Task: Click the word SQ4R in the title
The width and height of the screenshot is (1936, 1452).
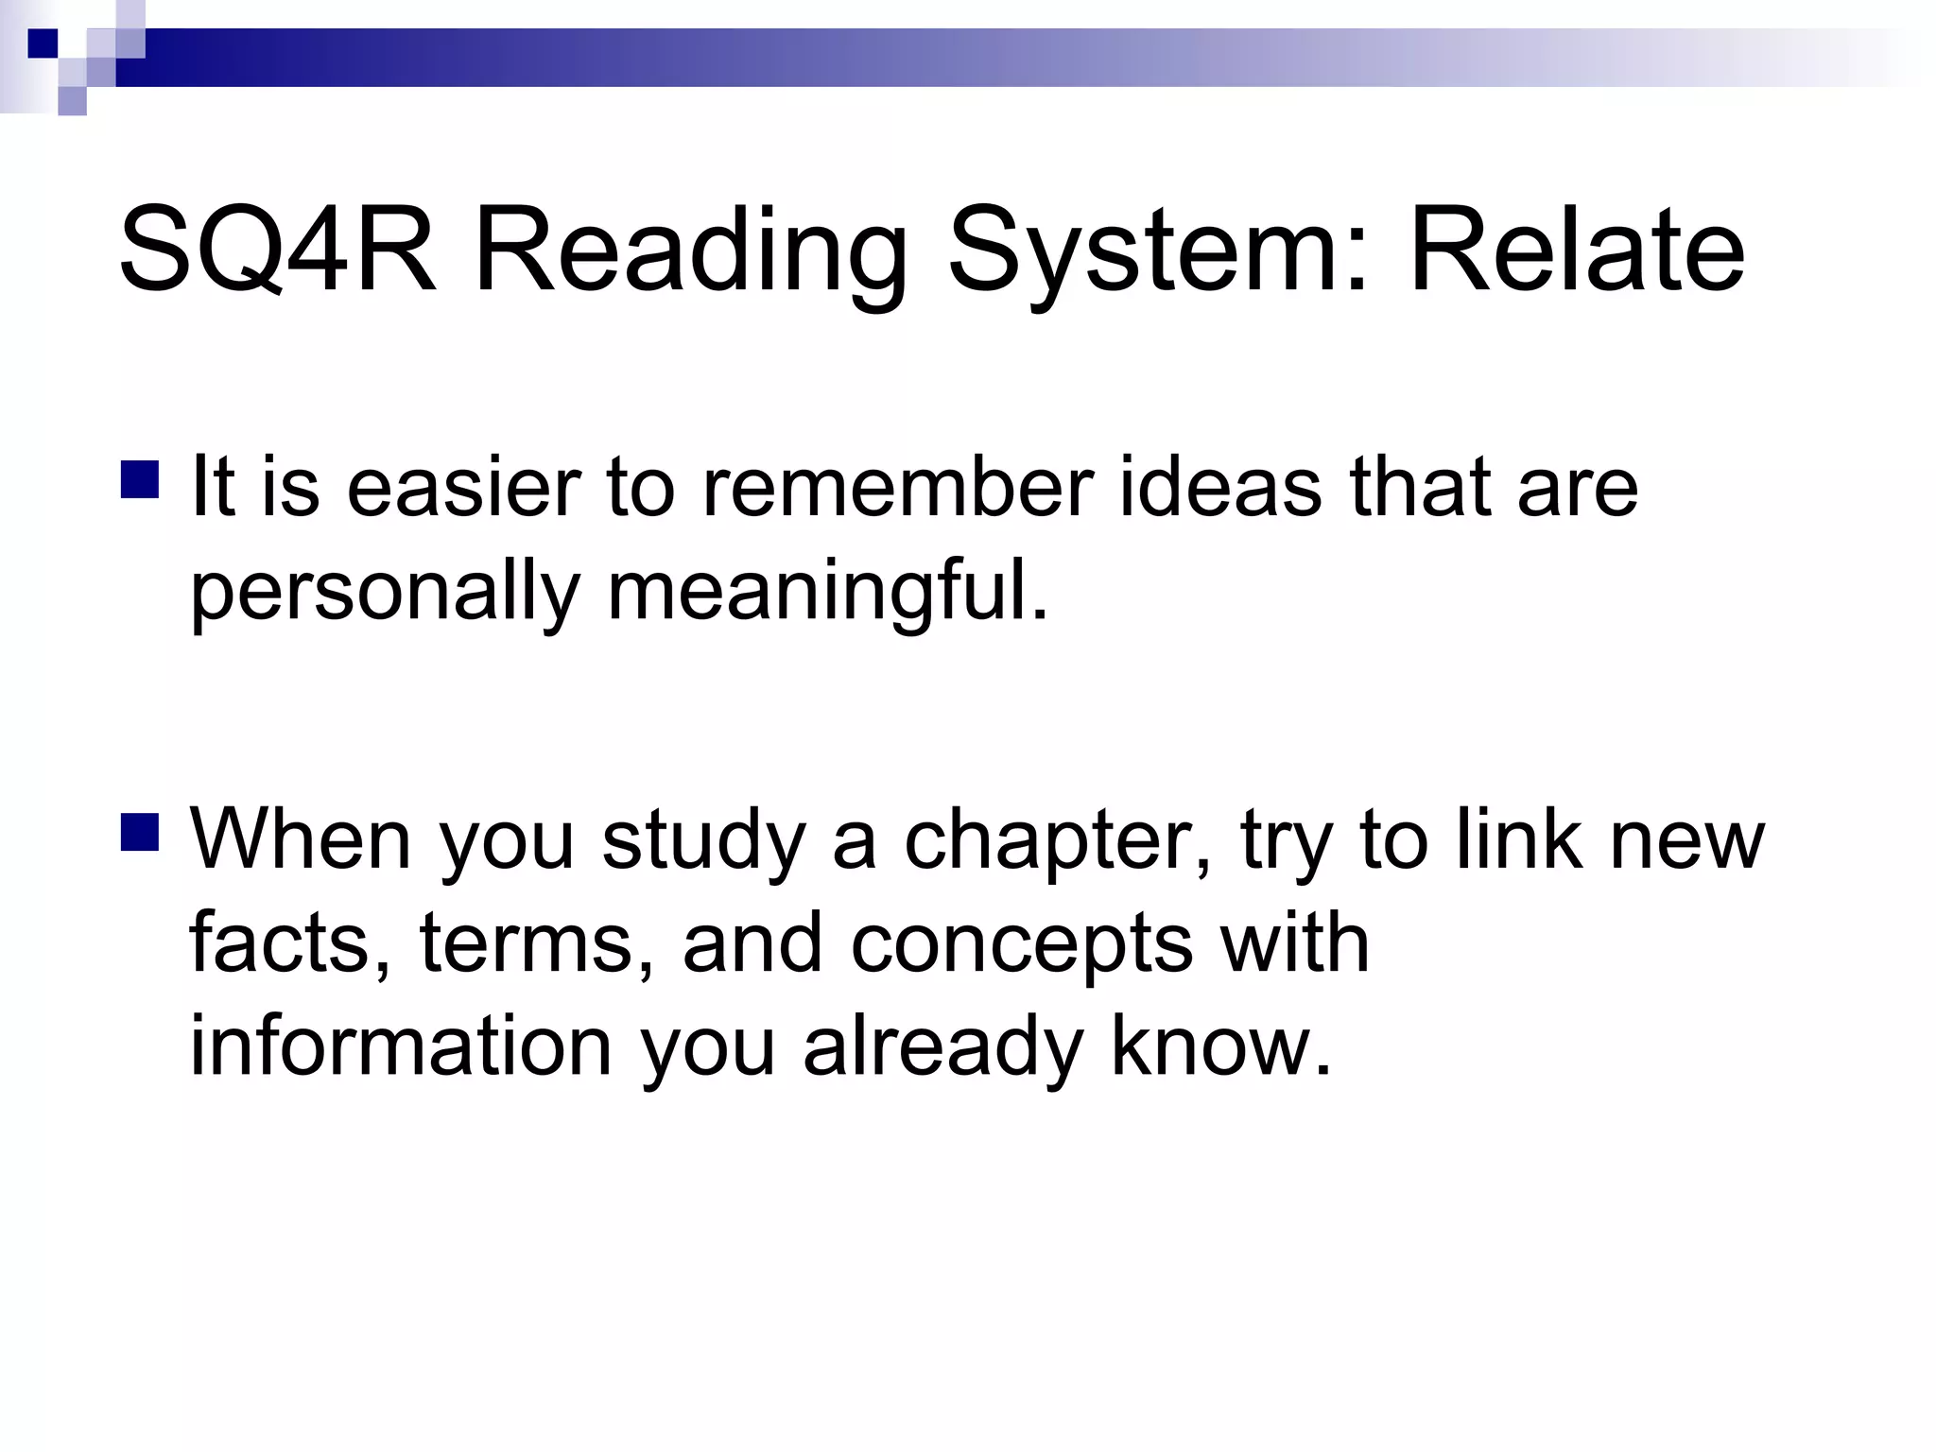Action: [277, 251]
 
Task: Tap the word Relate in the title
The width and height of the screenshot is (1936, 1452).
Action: [1576, 251]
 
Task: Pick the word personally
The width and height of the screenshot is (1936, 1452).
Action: [384, 592]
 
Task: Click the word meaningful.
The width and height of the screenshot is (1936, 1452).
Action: [828, 592]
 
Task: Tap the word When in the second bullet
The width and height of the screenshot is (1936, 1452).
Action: [301, 839]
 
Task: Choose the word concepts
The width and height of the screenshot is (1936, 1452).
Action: [1021, 943]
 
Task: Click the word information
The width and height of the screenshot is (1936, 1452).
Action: [401, 1047]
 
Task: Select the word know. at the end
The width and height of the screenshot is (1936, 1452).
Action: [1220, 1047]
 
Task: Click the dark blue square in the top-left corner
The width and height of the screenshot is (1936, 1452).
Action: [43, 43]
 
